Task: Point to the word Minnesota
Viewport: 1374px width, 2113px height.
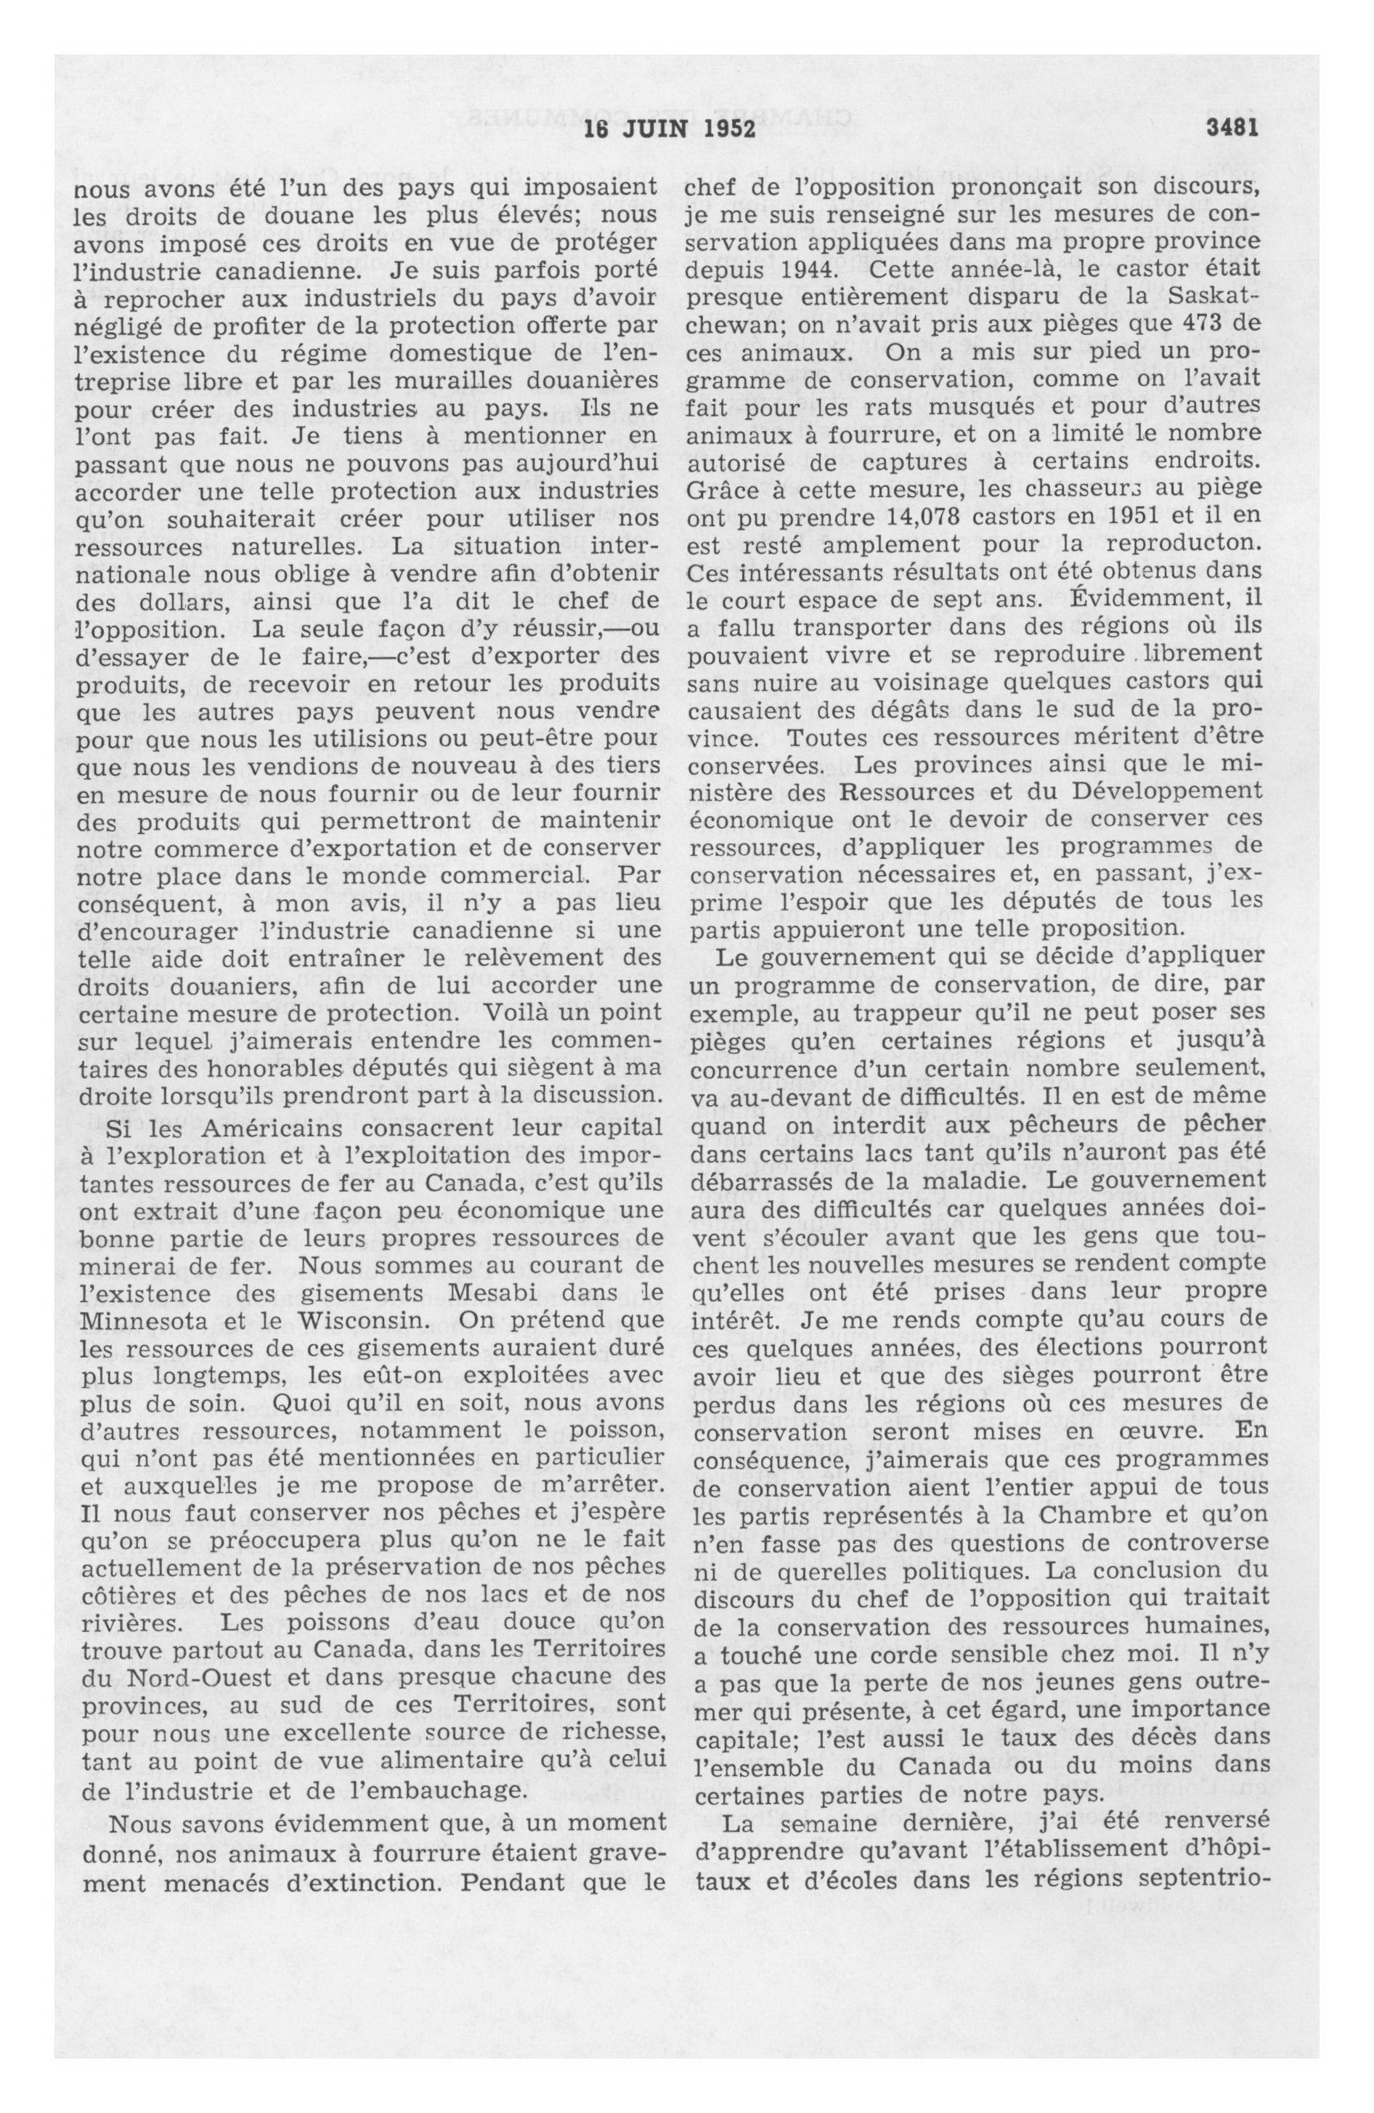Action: pyautogui.click(x=143, y=1320)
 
